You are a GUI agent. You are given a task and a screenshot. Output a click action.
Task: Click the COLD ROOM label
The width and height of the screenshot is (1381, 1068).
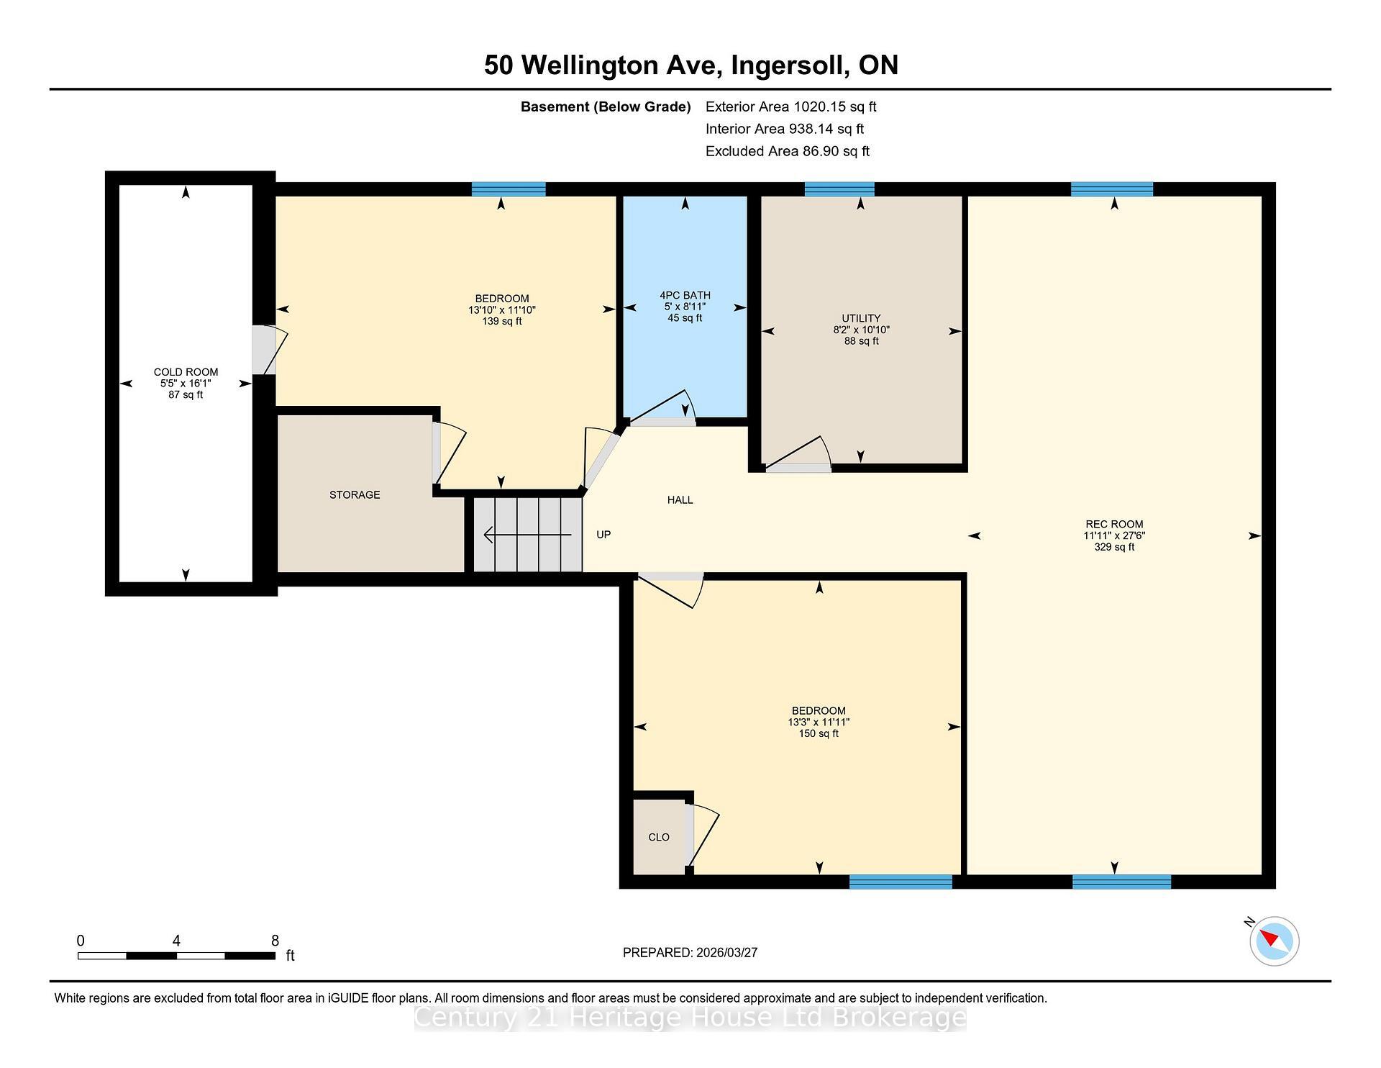click(186, 372)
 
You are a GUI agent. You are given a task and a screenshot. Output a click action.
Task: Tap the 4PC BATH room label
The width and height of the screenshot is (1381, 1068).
click(685, 295)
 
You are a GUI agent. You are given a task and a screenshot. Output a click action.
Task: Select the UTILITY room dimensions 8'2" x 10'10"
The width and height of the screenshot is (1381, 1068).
click(861, 330)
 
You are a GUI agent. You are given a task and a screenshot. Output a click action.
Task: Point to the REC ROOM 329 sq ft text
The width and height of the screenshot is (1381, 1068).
click(1114, 547)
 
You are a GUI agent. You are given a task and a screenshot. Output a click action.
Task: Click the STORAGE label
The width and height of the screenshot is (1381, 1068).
click(355, 494)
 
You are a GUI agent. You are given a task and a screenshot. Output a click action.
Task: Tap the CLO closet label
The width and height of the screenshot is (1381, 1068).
click(659, 837)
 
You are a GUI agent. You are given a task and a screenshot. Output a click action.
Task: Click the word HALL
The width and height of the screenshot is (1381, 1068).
click(680, 499)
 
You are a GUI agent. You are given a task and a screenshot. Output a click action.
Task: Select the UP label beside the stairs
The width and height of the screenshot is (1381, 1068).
click(603, 534)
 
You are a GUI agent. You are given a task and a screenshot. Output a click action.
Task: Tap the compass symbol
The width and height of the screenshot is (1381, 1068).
click(1274, 940)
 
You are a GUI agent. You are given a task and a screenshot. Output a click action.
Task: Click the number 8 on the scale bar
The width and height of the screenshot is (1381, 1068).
click(275, 940)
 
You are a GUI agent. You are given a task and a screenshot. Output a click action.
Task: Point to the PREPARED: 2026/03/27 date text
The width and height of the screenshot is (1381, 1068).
click(690, 952)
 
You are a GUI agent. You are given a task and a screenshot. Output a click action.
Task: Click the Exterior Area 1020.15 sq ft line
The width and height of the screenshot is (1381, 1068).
click(790, 107)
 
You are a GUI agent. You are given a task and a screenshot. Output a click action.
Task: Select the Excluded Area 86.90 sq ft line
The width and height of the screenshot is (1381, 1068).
click(787, 151)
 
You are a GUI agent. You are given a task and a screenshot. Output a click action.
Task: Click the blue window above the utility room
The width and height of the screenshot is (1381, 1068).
click(839, 189)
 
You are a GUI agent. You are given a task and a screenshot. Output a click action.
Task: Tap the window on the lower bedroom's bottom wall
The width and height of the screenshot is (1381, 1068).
click(901, 882)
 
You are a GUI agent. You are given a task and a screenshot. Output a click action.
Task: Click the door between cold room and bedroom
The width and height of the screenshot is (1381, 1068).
click(266, 350)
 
